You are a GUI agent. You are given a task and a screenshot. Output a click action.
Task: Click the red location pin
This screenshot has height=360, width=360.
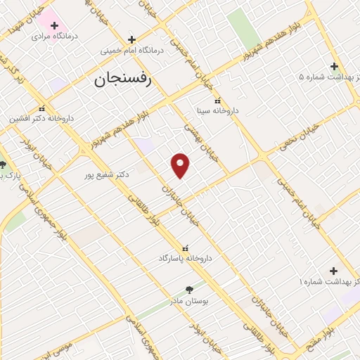[181, 165]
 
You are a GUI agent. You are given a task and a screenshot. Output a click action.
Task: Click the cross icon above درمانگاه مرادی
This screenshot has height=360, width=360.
[54, 25]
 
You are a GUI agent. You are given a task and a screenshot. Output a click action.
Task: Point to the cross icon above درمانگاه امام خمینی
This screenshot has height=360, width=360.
[131, 40]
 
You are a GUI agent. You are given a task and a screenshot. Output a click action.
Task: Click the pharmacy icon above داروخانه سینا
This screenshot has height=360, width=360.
[217, 100]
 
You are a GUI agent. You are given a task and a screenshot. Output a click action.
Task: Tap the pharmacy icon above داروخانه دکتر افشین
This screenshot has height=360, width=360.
[43, 109]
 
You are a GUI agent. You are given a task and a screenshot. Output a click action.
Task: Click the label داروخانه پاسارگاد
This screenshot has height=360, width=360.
[186, 259]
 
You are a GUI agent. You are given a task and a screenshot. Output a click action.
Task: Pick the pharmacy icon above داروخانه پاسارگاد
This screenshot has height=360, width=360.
[186, 248]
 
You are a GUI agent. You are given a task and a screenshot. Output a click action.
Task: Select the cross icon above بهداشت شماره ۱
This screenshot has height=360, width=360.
[333, 271]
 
